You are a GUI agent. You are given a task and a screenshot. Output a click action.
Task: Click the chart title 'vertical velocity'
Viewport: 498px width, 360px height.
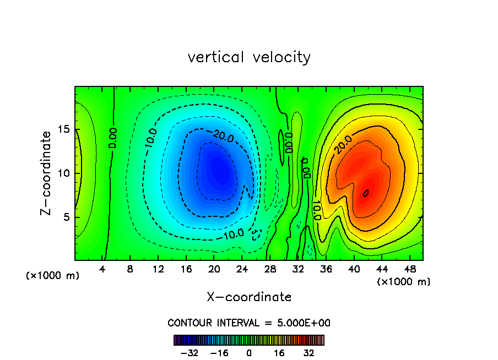pos(249,57)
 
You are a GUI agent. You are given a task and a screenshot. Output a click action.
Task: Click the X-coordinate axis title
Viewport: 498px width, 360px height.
pos(249,297)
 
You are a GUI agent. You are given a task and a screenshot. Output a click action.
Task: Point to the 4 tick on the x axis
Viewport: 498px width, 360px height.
pos(102,269)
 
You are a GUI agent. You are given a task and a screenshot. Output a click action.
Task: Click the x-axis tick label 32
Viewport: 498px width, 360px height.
pos(298,269)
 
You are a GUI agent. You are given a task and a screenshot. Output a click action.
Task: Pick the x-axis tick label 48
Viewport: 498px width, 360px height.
pos(410,269)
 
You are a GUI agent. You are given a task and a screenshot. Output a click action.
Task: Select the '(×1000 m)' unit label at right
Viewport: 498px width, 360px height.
pos(404,282)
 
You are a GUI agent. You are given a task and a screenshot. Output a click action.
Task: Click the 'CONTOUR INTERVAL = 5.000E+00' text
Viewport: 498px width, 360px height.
pos(249,323)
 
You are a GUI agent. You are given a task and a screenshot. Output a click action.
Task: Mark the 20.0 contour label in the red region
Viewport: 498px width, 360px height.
pos(340,144)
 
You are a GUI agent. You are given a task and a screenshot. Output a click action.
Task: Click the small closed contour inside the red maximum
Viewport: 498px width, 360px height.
pos(366,192)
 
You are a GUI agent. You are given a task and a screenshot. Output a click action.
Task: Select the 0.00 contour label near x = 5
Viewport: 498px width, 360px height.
pos(112,138)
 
